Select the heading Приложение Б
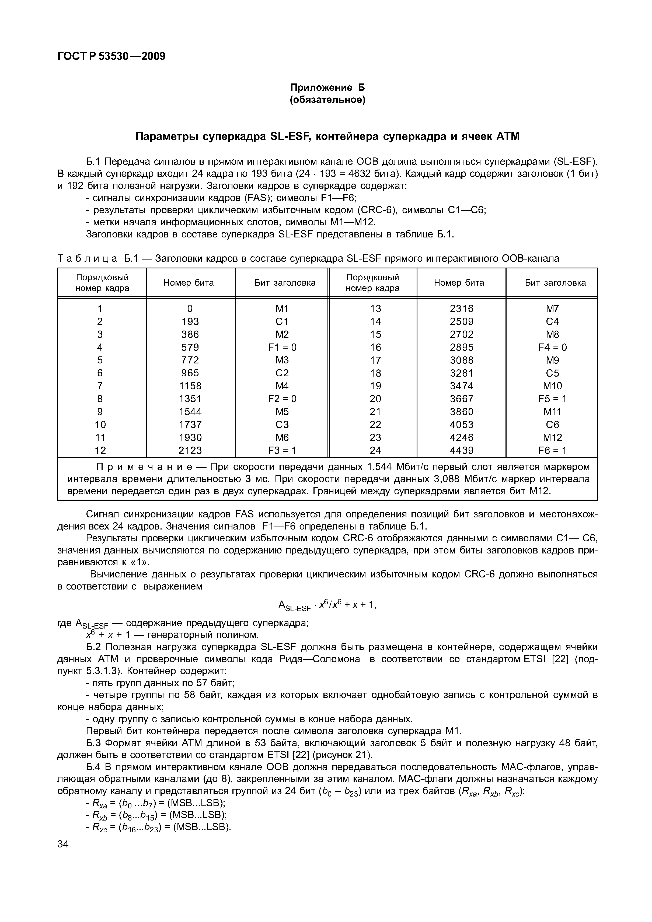pyautogui.click(x=327, y=87)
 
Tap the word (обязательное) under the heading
pyautogui.click(x=327, y=100)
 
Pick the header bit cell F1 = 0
pyautogui.click(x=282, y=347)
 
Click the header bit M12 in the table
pyautogui.click(x=552, y=437)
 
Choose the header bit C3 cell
pyautogui.click(x=282, y=425)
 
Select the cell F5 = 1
pyautogui.click(x=552, y=399)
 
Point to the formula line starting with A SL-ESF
pyautogui.click(x=327, y=606)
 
